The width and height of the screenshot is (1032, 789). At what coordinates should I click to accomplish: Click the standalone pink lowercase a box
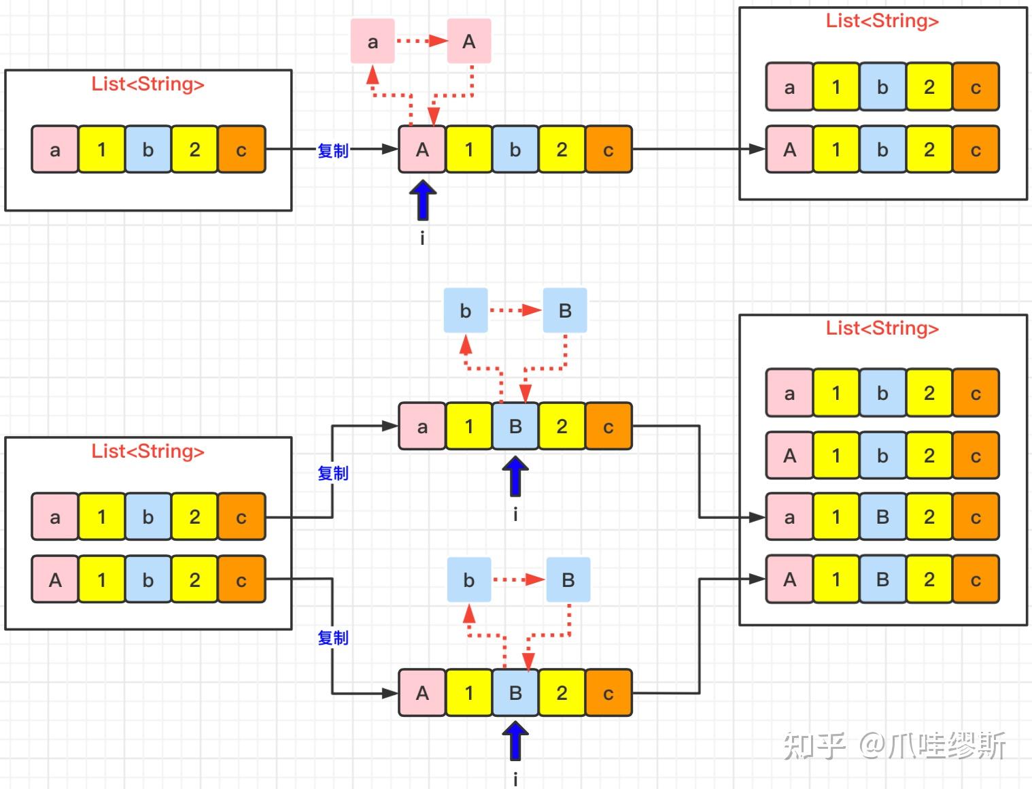tap(373, 41)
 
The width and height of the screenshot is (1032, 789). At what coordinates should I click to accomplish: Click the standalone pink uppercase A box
tap(468, 41)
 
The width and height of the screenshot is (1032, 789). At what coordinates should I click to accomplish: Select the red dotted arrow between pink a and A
tap(421, 41)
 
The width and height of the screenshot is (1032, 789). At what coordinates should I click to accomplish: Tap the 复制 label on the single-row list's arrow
tap(332, 150)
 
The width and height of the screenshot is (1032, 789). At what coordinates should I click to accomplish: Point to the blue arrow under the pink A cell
tap(422, 201)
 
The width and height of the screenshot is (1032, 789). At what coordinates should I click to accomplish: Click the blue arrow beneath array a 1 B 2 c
tap(515, 476)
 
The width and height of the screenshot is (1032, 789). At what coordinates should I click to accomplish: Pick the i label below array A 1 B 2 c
tap(515, 779)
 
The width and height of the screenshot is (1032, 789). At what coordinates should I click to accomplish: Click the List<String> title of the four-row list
tap(882, 328)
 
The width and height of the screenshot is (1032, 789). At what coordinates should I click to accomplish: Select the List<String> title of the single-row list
tap(148, 84)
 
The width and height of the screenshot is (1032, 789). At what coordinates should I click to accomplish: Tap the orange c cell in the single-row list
tap(241, 150)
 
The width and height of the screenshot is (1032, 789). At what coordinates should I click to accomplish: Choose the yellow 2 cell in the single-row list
tap(194, 150)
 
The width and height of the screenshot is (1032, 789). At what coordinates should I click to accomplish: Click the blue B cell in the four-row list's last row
tap(882, 580)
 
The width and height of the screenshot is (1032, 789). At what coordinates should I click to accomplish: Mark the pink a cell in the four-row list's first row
tap(789, 393)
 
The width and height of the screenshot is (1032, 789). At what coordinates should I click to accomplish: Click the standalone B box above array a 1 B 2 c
tap(565, 311)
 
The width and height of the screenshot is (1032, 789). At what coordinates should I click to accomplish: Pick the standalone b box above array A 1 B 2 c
tap(468, 580)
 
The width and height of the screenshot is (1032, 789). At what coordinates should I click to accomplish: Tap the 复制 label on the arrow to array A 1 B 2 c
tap(332, 637)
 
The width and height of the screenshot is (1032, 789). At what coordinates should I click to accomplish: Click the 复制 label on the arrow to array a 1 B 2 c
tap(332, 473)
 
